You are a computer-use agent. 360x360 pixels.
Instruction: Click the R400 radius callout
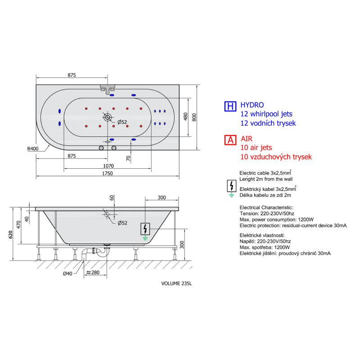33,149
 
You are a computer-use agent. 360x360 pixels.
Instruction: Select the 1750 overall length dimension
108,173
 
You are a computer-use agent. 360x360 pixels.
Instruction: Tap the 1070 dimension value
108,166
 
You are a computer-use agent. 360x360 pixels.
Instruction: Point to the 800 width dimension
194,117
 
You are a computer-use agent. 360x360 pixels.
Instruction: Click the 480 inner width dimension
186,117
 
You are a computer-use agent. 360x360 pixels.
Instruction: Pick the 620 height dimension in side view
10,234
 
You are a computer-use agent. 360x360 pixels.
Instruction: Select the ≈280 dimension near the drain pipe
93,273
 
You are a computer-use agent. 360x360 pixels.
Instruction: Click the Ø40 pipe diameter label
67,274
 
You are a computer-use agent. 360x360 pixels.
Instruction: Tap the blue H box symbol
230,106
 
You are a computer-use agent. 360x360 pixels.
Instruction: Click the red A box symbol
230,139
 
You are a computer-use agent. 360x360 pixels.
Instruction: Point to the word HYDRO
252,105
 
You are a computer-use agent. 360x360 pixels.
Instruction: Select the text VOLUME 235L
176,283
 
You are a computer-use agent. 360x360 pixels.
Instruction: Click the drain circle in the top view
108,117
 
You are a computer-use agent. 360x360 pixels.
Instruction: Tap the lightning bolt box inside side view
145,229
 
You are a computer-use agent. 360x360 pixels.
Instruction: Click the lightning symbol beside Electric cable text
232,186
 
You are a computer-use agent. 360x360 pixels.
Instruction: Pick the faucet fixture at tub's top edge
108,89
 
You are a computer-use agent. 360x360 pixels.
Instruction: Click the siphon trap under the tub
101,252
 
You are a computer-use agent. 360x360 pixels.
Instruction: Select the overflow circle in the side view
107,215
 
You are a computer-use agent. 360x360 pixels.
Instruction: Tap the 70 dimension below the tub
128,158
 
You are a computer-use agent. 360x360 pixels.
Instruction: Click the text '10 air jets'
256,148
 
